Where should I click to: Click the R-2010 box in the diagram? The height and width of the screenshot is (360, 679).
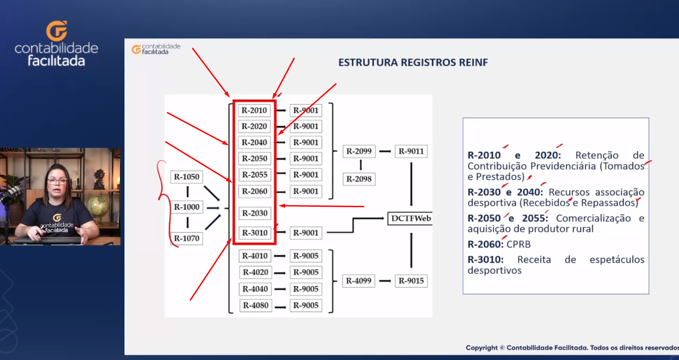(x=254, y=111)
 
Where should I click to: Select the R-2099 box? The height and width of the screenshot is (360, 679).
(x=359, y=151)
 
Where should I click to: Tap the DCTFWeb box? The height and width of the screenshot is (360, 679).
(x=410, y=218)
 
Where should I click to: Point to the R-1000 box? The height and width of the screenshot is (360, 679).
(x=186, y=207)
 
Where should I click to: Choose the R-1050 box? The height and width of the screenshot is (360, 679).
(x=186, y=177)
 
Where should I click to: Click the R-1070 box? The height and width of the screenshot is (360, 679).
(x=186, y=238)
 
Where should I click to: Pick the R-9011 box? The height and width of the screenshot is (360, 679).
(x=411, y=151)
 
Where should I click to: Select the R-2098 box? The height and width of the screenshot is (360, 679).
(x=359, y=179)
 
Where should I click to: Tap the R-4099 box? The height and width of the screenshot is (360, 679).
(x=359, y=281)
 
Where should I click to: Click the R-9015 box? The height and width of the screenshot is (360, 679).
(x=411, y=281)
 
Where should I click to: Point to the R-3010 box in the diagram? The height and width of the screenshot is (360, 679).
(x=255, y=233)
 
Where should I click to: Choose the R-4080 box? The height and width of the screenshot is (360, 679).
(x=256, y=306)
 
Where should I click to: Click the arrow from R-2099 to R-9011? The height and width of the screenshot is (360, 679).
(x=385, y=151)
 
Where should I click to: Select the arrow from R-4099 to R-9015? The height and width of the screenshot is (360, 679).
(x=385, y=281)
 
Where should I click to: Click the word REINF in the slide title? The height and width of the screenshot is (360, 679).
(x=473, y=62)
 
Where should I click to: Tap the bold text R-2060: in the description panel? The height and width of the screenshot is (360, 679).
(x=486, y=244)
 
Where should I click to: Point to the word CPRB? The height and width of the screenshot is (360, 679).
(x=519, y=244)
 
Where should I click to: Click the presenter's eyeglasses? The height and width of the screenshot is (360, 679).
(x=57, y=181)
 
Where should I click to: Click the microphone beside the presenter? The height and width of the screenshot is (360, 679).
(x=11, y=194)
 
